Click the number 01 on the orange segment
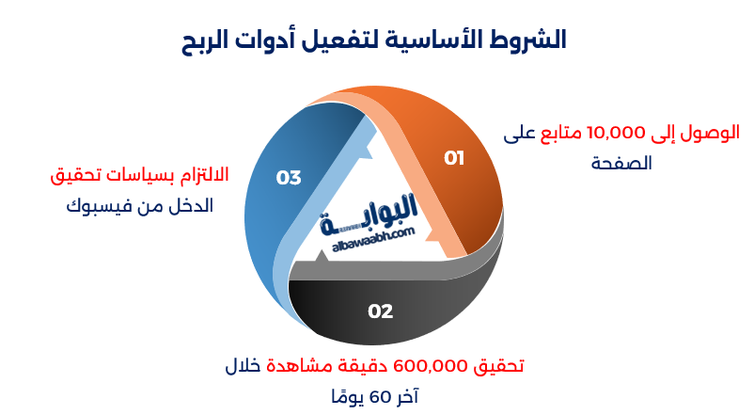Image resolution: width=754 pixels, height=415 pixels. (x=454, y=158)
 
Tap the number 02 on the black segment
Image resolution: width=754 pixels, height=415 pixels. (x=380, y=311)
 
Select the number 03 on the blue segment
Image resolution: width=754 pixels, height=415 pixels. (x=289, y=177)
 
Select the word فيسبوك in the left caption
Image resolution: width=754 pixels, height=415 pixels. (x=99, y=204)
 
